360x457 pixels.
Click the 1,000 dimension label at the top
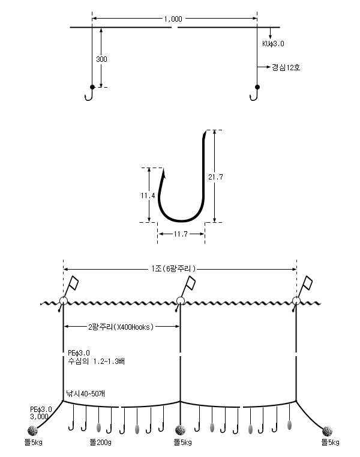(173, 19)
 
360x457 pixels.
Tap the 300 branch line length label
(101, 59)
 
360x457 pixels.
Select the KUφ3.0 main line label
(273, 44)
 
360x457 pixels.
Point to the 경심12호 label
(286, 68)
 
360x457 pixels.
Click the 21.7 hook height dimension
(215, 177)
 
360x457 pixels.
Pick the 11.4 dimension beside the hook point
(148, 196)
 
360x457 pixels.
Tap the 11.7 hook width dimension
(181, 234)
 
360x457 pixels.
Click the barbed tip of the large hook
(163, 172)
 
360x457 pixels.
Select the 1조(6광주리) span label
(173, 268)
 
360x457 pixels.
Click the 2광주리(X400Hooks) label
(121, 327)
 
